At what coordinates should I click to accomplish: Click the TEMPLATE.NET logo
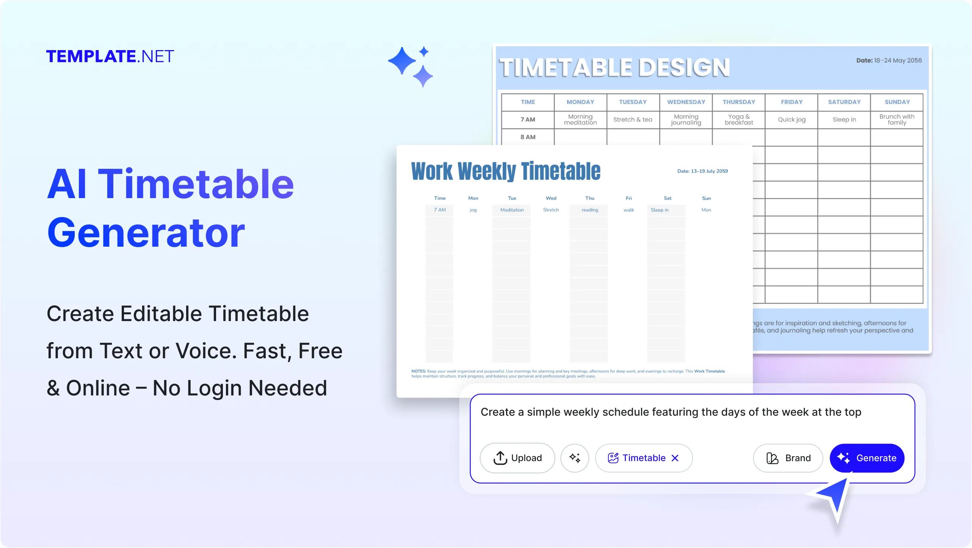pyautogui.click(x=110, y=57)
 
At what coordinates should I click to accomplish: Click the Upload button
pyautogui.click(x=517, y=458)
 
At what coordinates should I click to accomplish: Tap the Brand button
pyautogui.click(x=788, y=458)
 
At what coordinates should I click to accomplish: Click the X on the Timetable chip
pyautogui.click(x=675, y=458)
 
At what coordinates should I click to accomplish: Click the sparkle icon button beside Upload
pyautogui.click(x=575, y=458)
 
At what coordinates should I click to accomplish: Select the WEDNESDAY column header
pyautogui.click(x=686, y=102)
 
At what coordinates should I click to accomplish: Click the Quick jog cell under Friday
pyautogui.click(x=791, y=120)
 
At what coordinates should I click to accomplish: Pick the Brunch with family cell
pyautogui.click(x=897, y=120)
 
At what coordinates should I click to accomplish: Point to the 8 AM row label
pyautogui.click(x=528, y=137)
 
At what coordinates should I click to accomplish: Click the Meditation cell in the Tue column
pyautogui.click(x=512, y=210)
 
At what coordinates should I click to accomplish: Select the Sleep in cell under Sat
pyautogui.click(x=660, y=210)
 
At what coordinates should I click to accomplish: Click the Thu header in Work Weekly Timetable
pyautogui.click(x=589, y=198)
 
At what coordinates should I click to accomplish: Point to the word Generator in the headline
pyautogui.click(x=146, y=233)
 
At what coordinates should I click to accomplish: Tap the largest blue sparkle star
pyautogui.click(x=402, y=61)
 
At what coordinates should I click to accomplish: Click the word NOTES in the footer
pyautogui.click(x=419, y=371)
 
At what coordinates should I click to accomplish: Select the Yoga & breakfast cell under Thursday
pyautogui.click(x=738, y=120)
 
